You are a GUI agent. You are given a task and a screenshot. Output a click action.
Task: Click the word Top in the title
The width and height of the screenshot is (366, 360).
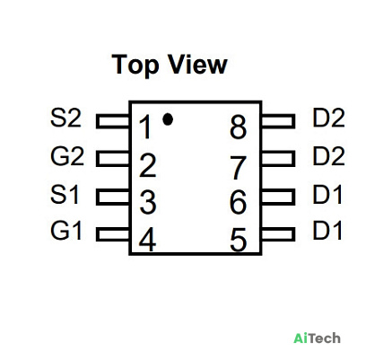pyautogui.click(x=135, y=65)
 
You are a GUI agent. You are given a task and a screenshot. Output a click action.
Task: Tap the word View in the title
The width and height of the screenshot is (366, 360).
pyautogui.click(x=197, y=65)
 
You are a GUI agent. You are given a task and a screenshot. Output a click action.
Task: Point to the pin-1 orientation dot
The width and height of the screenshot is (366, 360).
pyautogui.click(x=168, y=119)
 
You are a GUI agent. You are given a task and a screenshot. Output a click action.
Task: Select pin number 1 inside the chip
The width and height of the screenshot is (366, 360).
pyautogui.click(x=146, y=127)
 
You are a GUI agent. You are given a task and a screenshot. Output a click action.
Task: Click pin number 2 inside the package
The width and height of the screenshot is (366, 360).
pyautogui.click(x=148, y=165)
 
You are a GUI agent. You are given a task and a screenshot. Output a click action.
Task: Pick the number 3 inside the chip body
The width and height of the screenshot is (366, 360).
pyautogui.click(x=148, y=202)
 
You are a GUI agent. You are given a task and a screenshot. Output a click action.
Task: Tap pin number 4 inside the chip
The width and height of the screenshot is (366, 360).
pyautogui.click(x=147, y=239)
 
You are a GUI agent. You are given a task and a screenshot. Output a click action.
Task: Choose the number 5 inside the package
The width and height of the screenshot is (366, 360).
pyautogui.click(x=239, y=240)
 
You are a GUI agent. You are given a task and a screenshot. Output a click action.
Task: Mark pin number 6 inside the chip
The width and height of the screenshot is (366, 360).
pyautogui.click(x=239, y=202)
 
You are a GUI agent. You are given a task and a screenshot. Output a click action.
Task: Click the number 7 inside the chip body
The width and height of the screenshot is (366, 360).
pyautogui.click(x=239, y=168)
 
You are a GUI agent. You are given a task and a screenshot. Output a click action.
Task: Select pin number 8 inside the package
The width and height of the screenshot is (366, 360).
pyautogui.click(x=239, y=127)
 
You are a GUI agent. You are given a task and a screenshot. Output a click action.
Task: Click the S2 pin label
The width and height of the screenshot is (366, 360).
pyautogui.click(x=65, y=118)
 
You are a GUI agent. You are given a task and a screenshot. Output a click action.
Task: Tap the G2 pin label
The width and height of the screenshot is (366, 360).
pyautogui.click(x=67, y=156)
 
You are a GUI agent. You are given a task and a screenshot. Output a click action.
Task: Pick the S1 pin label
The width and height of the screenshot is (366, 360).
pyautogui.click(x=65, y=195)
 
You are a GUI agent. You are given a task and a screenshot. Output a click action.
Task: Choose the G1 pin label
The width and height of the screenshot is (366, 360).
pyautogui.click(x=66, y=231)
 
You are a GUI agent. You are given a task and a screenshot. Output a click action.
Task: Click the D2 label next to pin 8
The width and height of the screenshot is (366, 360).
pyautogui.click(x=328, y=118)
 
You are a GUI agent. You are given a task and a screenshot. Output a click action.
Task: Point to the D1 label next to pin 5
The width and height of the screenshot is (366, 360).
pyautogui.click(x=327, y=231)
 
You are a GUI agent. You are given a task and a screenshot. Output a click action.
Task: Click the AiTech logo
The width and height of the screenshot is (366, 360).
pyautogui.click(x=317, y=338)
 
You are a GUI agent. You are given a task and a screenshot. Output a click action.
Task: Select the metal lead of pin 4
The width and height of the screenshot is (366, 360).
pyautogui.click(x=113, y=234)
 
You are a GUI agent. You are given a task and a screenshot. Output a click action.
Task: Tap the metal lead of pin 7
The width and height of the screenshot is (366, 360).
pyautogui.click(x=278, y=159)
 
